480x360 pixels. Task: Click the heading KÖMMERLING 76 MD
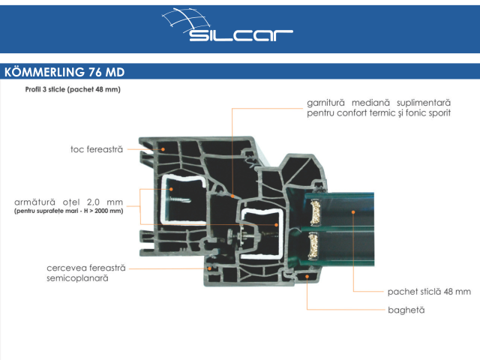pyautogui.click(x=64, y=72)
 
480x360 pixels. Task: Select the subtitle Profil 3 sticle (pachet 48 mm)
pyautogui.click(x=72, y=89)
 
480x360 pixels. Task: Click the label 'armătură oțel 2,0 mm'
pyautogui.click(x=68, y=202)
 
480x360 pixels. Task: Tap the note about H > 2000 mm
pyautogui.click(x=68, y=211)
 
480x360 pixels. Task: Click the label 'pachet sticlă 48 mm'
pyautogui.click(x=429, y=291)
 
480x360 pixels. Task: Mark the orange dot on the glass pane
pyautogui.click(x=353, y=212)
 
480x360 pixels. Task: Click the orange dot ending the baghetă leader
pyautogui.click(x=307, y=277)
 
